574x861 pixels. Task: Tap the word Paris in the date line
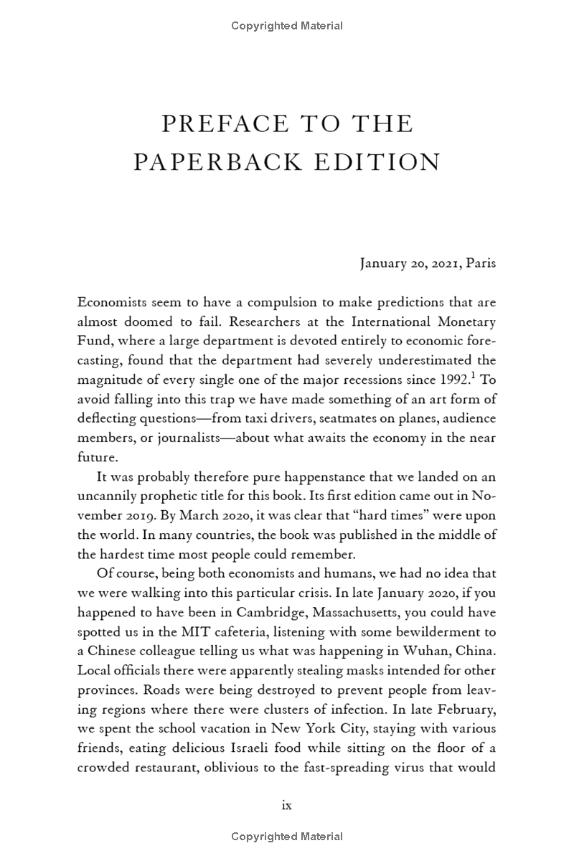point(481,263)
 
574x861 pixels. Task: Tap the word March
point(171,515)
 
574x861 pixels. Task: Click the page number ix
point(287,805)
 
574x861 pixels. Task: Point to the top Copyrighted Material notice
point(287,26)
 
